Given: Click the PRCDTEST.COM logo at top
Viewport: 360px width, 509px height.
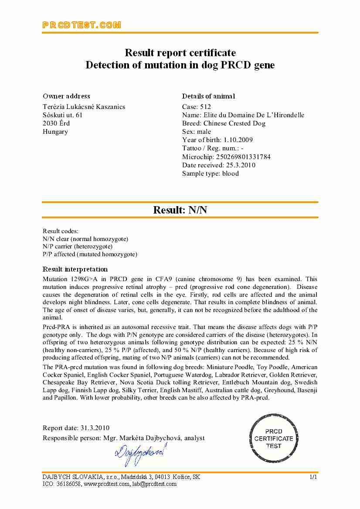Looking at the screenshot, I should point(82,25).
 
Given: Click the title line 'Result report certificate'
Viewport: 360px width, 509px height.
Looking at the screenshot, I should point(180,53).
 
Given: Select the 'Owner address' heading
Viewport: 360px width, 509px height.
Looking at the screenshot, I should point(66,96).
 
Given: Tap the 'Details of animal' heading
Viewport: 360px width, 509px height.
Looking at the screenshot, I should point(208,96).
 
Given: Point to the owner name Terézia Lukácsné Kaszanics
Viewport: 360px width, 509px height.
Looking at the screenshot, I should point(84,107).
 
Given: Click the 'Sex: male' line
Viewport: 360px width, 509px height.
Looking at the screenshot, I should point(197,132).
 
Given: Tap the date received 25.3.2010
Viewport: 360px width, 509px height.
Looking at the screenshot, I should point(241,165).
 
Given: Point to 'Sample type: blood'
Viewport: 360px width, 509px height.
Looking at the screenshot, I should point(211,173).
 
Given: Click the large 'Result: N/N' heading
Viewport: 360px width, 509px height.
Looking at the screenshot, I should point(180,210).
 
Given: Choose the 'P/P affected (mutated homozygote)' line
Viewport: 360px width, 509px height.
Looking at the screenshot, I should point(90,254).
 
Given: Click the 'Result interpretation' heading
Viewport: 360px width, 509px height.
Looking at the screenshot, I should point(75,269).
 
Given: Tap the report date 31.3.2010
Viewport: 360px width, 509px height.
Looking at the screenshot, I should point(95,428).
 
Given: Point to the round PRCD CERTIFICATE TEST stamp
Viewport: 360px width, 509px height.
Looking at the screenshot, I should point(274,438).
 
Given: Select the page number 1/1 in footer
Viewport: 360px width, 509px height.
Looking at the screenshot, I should point(313,477).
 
